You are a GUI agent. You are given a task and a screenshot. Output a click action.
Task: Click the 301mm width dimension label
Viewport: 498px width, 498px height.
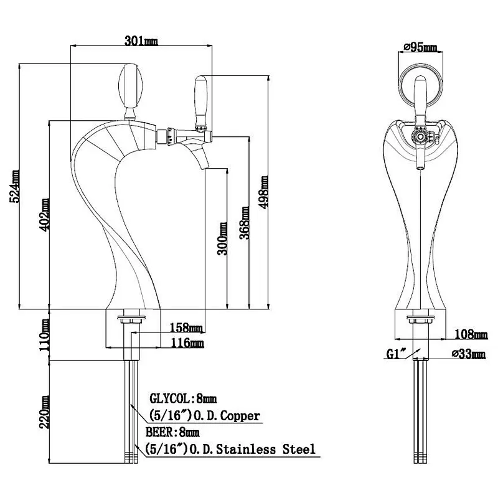141,40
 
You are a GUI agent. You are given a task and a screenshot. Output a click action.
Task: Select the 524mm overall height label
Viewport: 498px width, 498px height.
15,186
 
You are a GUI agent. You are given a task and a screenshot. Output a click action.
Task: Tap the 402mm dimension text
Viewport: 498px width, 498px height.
44,215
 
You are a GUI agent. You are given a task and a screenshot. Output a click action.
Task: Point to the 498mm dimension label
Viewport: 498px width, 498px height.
263,192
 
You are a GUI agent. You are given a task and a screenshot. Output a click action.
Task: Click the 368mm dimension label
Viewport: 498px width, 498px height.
244,223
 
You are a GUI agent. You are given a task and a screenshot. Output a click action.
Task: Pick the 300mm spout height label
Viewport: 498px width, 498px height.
222,238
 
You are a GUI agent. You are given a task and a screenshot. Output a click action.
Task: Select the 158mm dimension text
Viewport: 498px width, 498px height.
186,327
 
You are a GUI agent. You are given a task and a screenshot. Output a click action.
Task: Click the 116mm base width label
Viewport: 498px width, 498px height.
187,343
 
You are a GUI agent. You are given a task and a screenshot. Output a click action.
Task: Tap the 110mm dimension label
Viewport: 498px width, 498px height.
44,335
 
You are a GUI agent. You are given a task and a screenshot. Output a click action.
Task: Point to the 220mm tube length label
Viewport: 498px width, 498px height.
44,412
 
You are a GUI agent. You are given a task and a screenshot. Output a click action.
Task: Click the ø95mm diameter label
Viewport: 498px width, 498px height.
420,47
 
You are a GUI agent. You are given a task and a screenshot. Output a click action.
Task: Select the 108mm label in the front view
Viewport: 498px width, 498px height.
471,334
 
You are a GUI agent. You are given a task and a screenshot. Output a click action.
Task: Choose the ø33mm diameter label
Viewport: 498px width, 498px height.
469,353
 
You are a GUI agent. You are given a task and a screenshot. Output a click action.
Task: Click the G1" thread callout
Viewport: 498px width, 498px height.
396,353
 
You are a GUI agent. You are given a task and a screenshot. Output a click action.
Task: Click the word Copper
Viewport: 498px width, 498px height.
240,415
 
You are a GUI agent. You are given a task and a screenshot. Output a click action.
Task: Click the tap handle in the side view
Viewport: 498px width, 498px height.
201,102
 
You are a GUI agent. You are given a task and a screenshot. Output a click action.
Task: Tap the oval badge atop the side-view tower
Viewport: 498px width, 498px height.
130,85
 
